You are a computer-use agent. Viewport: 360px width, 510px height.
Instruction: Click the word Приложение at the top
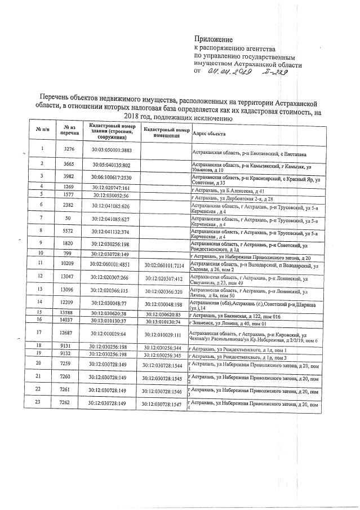pos(213,38)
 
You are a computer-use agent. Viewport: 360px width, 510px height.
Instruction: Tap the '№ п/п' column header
pos(42,129)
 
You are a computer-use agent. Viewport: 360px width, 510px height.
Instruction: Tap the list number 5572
pos(69,231)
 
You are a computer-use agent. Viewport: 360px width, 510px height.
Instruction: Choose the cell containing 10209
pos(69,263)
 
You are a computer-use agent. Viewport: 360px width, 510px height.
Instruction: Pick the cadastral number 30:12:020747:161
pos(111,187)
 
